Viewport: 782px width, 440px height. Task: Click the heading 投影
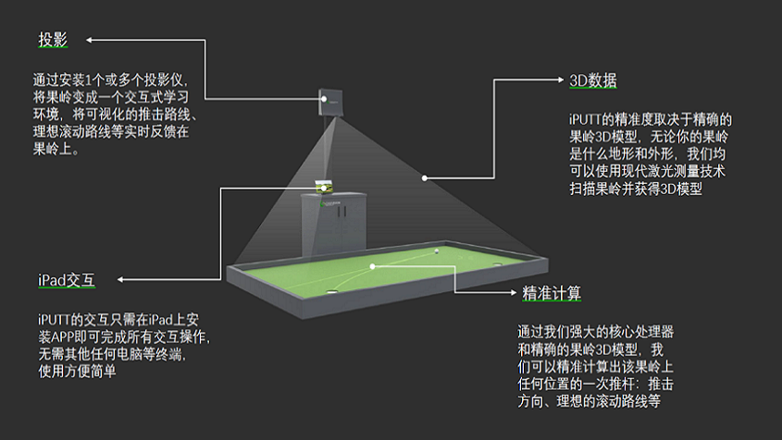pyautogui.click(x=52, y=40)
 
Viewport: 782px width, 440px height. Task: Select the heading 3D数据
pyautogui.click(x=592, y=80)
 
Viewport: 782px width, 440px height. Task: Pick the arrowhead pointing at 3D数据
pyautogui.click(x=562, y=80)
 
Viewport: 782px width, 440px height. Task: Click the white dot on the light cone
pyautogui.click(x=425, y=177)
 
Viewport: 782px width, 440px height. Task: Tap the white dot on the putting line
pyautogui.click(x=372, y=266)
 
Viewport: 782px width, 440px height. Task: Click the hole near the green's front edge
pyautogui.click(x=332, y=290)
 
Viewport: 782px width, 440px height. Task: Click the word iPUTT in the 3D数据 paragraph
pyautogui.click(x=587, y=119)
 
